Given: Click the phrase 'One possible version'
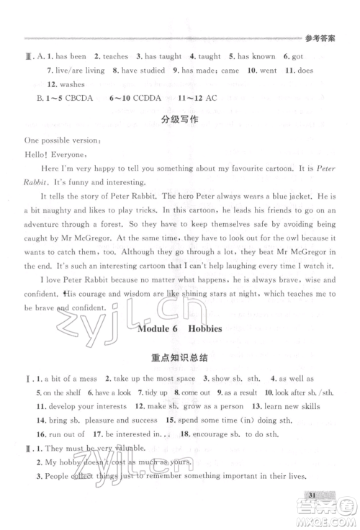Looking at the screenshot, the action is tap(53, 139).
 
